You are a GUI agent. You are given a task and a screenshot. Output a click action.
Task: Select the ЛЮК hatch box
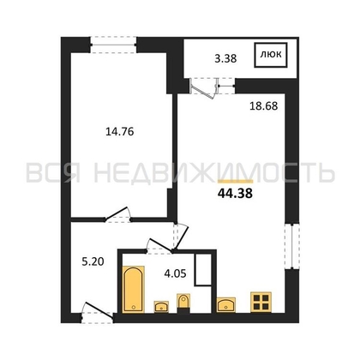[270, 57]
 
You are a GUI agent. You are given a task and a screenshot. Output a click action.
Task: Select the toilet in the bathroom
[183, 302]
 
